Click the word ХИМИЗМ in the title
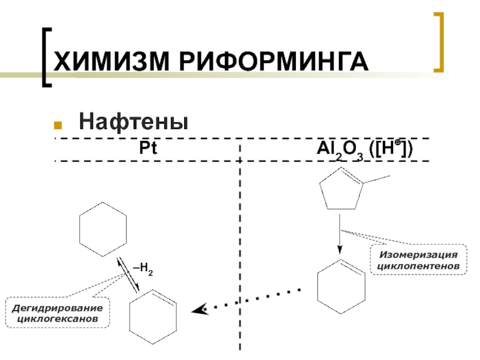click(x=105, y=62)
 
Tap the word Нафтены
click(x=134, y=122)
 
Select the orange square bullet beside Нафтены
click(x=59, y=125)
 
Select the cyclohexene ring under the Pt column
click(x=154, y=317)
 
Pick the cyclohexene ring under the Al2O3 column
click(x=340, y=286)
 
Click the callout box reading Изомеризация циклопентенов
click(x=418, y=259)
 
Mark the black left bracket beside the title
click(x=47, y=58)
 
